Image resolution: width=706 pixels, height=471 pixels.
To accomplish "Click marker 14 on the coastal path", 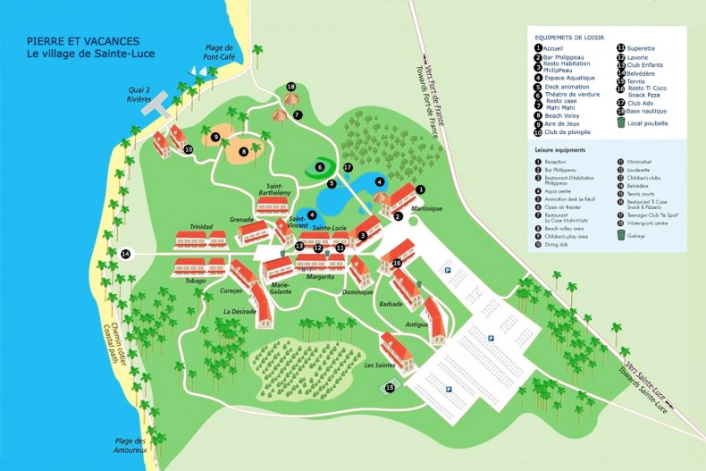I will [125, 255].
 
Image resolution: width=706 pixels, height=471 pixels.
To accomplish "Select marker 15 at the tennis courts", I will [390, 387].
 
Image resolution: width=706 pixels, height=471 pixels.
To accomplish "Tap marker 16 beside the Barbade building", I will [397, 263].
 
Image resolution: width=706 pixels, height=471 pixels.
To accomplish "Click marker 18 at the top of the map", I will [291, 87].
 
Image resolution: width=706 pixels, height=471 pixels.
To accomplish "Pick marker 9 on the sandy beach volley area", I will [215, 137].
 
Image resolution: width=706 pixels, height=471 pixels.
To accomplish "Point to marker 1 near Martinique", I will [421, 189].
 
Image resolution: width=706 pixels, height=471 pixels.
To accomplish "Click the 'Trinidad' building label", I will [200, 227].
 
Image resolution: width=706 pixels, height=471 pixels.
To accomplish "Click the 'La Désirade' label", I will [240, 311].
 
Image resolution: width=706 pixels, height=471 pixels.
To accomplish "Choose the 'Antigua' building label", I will [417, 324].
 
